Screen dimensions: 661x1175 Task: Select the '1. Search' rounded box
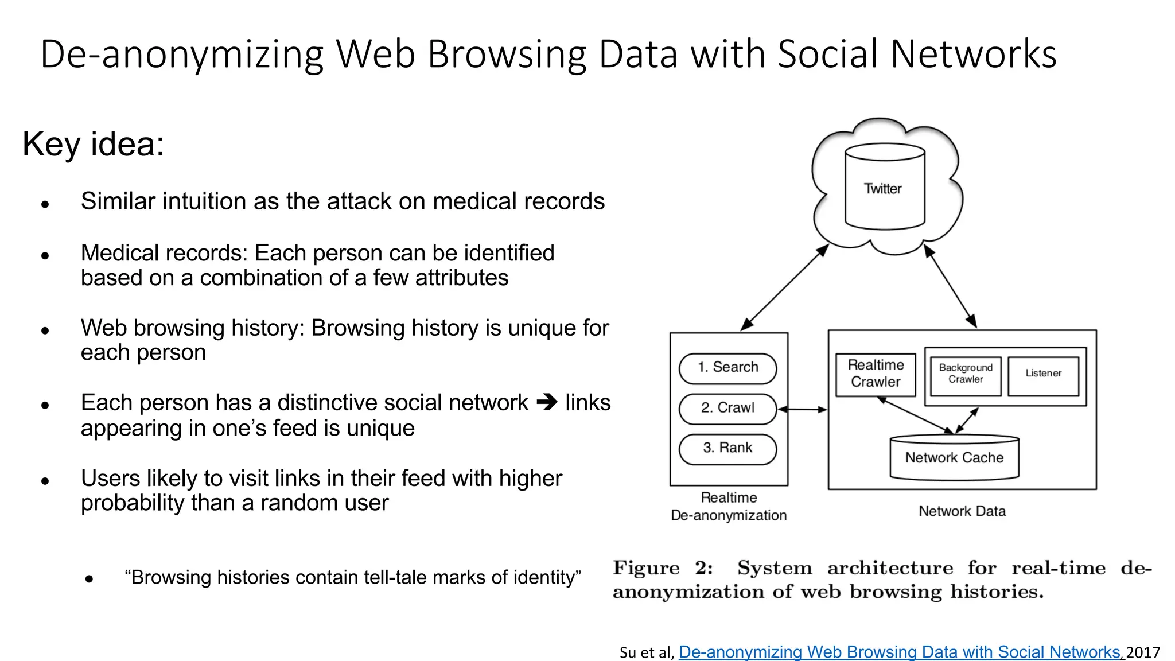727,368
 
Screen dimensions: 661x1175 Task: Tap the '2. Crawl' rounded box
727,408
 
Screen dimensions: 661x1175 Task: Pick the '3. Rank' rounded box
727,448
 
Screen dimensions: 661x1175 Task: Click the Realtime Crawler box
876,374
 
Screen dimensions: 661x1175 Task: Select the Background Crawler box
966,374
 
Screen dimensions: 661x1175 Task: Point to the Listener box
1043,374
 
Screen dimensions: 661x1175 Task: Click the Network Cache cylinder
954,458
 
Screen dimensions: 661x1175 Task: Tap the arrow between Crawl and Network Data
803,410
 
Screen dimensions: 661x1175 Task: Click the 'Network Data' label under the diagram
962,511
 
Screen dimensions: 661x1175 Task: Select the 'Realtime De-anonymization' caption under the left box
729,507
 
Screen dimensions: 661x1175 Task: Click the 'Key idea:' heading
94,144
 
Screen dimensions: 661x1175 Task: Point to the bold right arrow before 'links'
547,402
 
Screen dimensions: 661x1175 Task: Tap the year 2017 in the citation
1143,652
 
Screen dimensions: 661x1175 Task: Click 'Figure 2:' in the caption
663,568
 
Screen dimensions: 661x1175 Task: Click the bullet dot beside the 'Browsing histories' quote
89,580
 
